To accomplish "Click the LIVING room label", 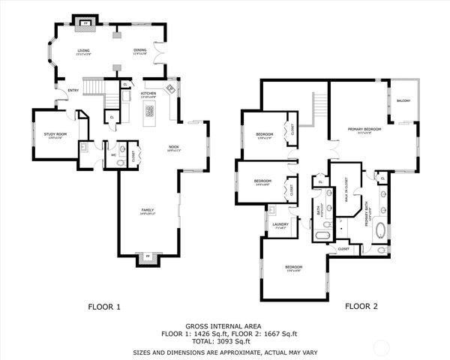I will click(x=83, y=51).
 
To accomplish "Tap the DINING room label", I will click(x=140, y=51).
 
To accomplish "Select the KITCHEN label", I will click(x=148, y=94).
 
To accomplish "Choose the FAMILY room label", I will click(x=148, y=211).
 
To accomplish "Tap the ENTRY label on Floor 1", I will click(x=73, y=91).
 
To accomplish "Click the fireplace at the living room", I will click(x=85, y=23).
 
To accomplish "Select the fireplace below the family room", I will click(x=148, y=259).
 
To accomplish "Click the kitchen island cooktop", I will click(x=149, y=112).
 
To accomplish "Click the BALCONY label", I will click(x=403, y=100).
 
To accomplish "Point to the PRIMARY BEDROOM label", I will click(x=364, y=129).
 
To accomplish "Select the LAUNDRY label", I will click(x=281, y=223).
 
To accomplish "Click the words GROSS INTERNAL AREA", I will click(x=224, y=324).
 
